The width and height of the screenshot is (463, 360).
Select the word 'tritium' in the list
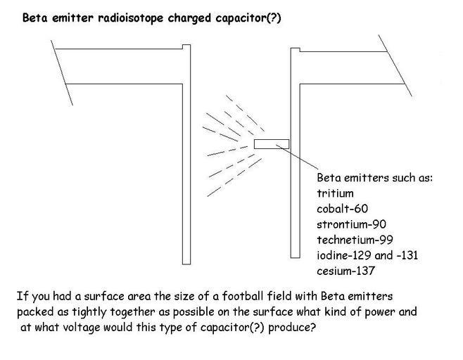point(335,193)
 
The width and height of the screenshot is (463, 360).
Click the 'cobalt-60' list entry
point(342,208)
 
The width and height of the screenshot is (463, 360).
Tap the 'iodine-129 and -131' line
point(367,255)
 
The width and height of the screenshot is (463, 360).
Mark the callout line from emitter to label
point(298,157)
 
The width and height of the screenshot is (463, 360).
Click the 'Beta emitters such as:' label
point(374,177)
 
